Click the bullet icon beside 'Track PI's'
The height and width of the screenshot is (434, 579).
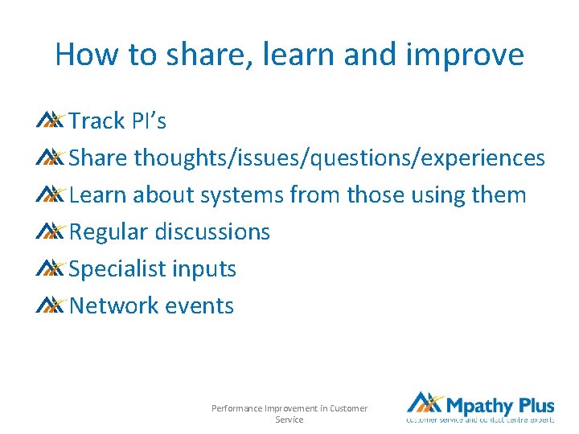[x=50, y=121]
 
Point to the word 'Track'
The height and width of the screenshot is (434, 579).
[x=96, y=121]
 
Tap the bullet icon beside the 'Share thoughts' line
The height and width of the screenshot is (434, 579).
[x=50, y=158]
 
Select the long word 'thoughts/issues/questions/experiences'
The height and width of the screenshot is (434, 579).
[x=339, y=158]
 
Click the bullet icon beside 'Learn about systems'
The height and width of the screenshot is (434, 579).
[x=50, y=194]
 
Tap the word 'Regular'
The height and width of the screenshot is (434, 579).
[x=109, y=232]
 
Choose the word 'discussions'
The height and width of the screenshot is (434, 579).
[x=212, y=232]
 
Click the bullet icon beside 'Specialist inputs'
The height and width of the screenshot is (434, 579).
[x=50, y=268]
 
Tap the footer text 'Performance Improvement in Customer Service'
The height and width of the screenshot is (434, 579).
[x=289, y=414]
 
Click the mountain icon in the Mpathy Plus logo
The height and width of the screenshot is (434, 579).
[x=424, y=403]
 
